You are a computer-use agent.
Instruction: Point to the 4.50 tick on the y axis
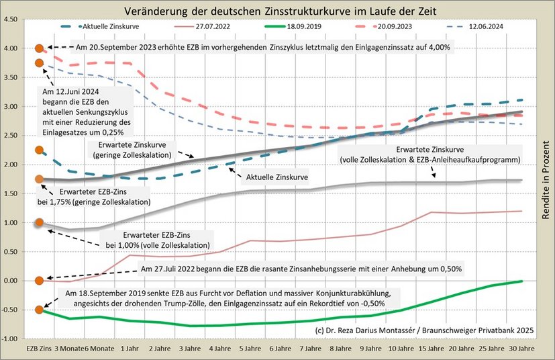(x=11, y=19)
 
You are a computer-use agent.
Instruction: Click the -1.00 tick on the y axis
(x=10, y=339)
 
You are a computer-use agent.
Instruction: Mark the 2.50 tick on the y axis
(x=11, y=136)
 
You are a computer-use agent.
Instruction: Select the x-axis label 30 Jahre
(x=522, y=351)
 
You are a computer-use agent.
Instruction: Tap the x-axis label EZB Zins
(x=39, y=351)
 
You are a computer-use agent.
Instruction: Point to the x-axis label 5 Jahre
(x=250, y=351)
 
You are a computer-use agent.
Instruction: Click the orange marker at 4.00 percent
(x=40, y=48)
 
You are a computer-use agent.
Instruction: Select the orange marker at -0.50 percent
(x=40, y=310)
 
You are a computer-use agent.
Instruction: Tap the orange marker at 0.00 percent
(x=40, y=280)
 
